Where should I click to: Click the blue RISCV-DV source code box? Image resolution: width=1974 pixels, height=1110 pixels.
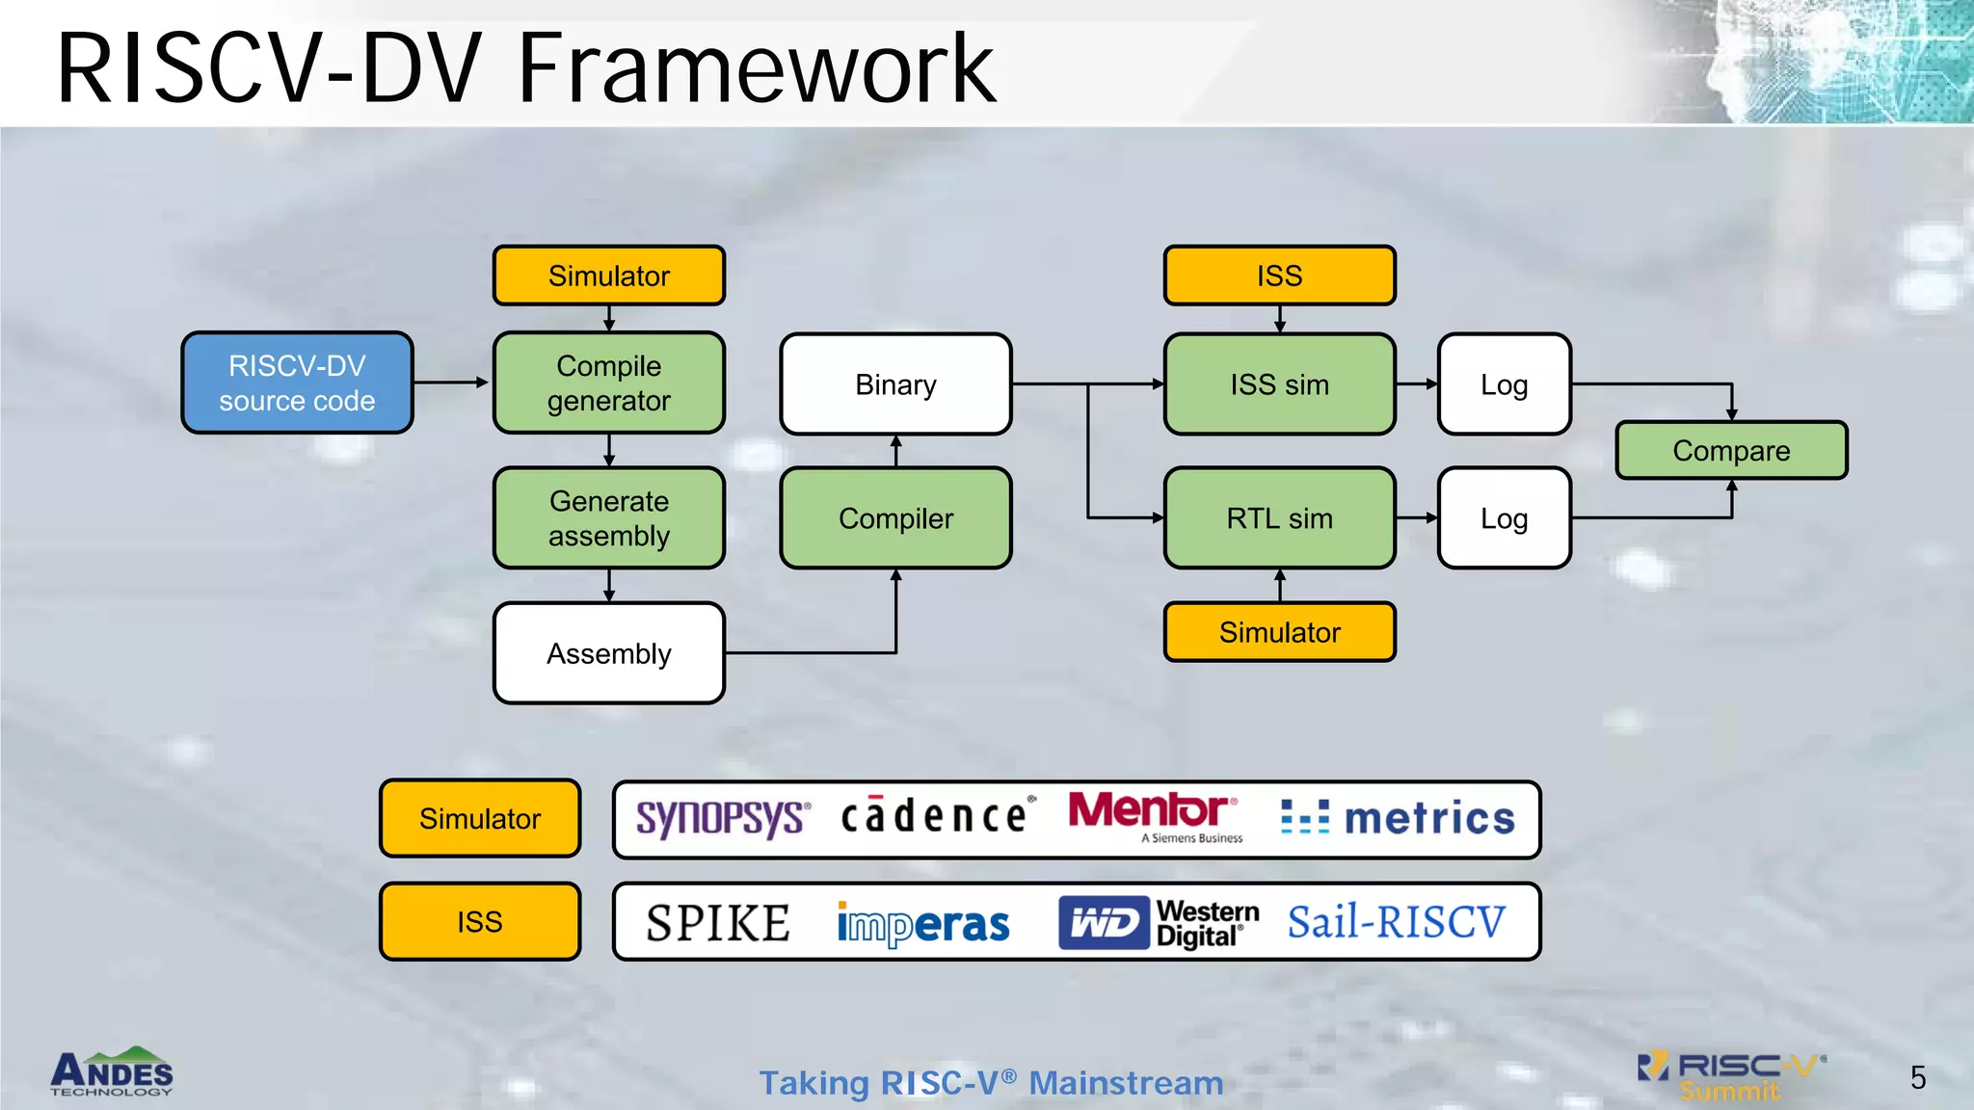297,383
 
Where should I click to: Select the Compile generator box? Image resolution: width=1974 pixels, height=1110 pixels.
608,383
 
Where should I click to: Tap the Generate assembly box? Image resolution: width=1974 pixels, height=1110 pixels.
608,517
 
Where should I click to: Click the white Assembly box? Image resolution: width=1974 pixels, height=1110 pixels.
608,653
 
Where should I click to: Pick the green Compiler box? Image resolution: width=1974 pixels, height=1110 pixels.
895,517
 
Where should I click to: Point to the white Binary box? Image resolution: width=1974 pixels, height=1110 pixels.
895,383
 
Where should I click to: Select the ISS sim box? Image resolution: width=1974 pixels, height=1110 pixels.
1279,383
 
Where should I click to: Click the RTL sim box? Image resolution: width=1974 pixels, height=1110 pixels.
1279,517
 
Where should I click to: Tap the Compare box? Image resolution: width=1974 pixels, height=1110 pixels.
1731,450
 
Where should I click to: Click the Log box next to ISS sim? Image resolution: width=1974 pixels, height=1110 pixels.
1504,383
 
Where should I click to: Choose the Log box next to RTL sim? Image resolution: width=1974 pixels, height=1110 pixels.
1504,517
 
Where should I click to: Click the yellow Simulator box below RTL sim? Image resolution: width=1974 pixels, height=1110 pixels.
1279,632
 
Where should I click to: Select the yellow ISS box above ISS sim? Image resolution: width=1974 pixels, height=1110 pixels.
1279,276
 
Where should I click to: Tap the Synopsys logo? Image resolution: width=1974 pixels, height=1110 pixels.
722,818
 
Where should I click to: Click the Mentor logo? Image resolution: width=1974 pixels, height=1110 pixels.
1153,814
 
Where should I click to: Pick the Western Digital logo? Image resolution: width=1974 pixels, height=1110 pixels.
1159,922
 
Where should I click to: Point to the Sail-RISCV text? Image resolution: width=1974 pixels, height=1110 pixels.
1396,922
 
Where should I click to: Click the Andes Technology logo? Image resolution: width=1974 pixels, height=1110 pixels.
112,1072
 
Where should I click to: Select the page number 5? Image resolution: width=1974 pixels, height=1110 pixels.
1917,1077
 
